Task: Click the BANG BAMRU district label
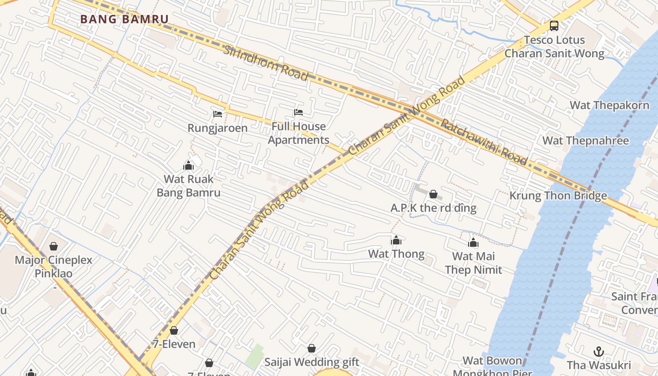124,19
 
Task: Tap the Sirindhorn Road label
266,63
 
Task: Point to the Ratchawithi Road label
484,141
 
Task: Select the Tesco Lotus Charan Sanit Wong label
555,47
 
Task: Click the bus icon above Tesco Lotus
554,25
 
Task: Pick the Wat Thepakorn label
609,105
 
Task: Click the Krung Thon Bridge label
558,196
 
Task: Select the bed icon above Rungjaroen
218,114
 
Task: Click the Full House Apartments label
298,133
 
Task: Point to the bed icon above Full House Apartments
298,112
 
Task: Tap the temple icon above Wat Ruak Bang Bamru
188,165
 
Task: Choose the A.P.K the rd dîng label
433,208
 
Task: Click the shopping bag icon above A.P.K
433,194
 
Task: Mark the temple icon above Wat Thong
396,241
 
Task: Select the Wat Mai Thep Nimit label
473,263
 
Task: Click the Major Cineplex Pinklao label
54,266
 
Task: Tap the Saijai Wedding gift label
312,362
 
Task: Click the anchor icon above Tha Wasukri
599,352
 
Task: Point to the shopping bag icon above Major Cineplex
54,246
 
